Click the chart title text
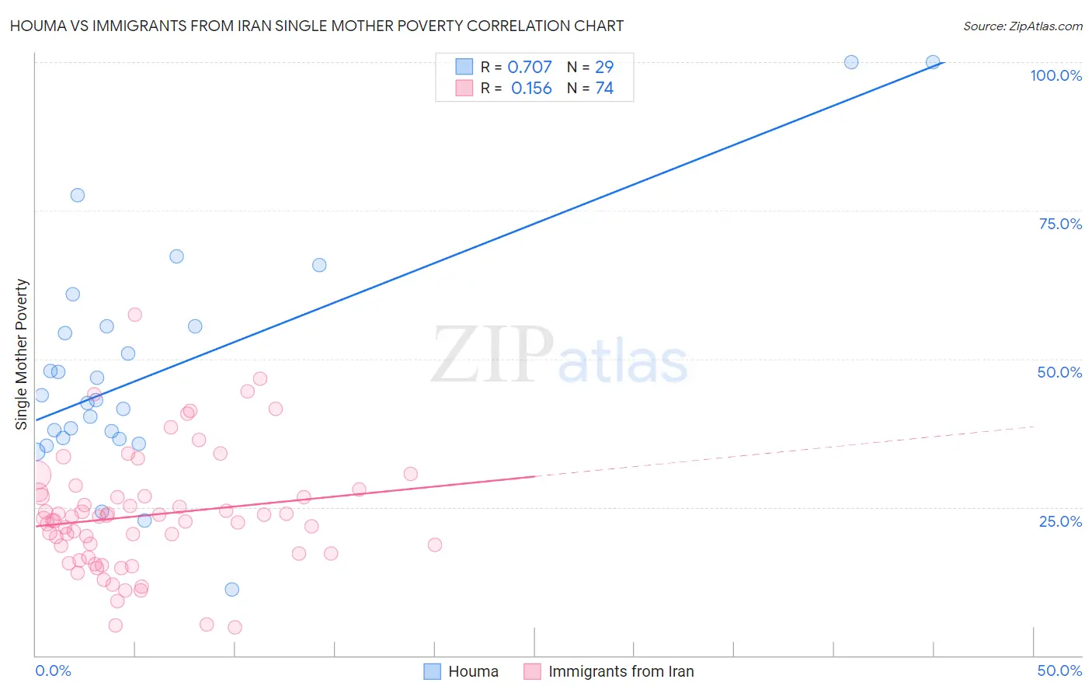(317, 26)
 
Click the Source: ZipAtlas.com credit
(1022, 26)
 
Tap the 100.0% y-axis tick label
(1055, 75)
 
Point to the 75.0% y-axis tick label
(1060, 224)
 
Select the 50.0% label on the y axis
(1059, 372)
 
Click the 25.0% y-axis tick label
(1060, 521)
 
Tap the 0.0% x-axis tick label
(53, 670)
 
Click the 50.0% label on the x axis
(1059, 670)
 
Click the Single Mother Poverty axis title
(22, 354)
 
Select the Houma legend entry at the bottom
(461, 671)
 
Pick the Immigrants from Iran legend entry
(610, 671)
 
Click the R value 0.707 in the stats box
(530, 68)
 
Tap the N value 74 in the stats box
(604, 89)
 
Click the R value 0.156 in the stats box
(531, 89)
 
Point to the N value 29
(604, 68)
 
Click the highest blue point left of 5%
(78, 195)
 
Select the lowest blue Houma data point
(231, 589)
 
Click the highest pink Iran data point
(134, 315)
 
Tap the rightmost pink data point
(435, 545)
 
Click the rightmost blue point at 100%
(933, 62)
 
